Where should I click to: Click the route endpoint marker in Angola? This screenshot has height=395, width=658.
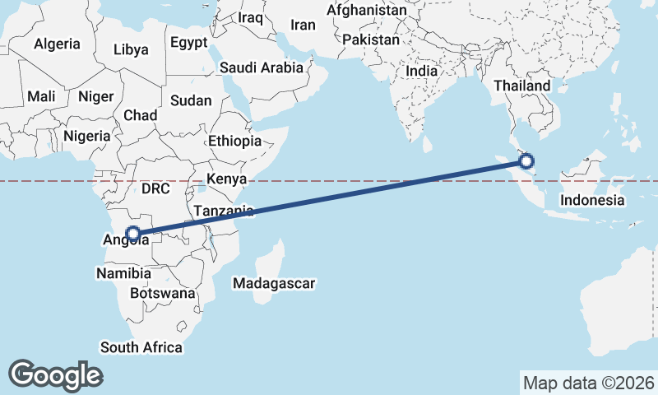tap(132, 233)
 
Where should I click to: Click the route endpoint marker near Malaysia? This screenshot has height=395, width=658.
tap(526, 161)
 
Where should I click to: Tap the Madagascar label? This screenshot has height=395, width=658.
tap(274, 283)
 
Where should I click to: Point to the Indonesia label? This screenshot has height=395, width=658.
tap(591, 200)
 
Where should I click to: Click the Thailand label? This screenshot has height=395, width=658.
tap(521, 86)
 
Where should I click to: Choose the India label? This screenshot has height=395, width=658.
tap(421, 71)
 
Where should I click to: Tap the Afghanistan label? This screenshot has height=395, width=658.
tap(367, 11)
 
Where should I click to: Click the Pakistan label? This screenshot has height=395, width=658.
tap(371, 39)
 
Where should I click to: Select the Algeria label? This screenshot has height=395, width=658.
tap(58, 44)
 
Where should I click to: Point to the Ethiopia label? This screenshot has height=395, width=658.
tap(234, 141)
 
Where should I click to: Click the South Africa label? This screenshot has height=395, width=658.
tap(141, 347)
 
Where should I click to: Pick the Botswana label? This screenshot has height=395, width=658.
tap(163, 293)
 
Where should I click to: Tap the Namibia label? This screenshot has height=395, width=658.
tap(123, 273)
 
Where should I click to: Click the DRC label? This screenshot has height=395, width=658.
tap(155, 188)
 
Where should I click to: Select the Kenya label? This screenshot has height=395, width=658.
tap(222, 179)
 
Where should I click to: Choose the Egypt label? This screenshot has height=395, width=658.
tap(186, 43)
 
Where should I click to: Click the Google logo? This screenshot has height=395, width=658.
tap(55, 375)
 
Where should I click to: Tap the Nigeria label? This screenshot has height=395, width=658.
tap(86, 136)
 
